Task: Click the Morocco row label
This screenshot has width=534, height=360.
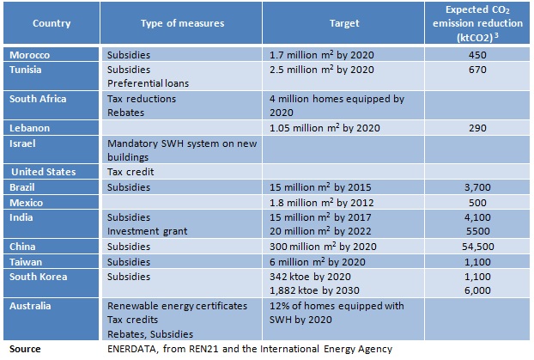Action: pyautogui.click(x=30, y=54)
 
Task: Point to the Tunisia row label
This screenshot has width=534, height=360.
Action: pyautogui.click(x=27, y=68)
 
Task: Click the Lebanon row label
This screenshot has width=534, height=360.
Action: pyautogui.click(x=30, y=127)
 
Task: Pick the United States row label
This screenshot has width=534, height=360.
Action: pyautogui.click(x=44, y=172)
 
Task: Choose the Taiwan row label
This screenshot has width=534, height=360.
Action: pyautogui.click(x=27, y=261)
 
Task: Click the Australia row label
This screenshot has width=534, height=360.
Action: pyautogui.click(x=33, y=305)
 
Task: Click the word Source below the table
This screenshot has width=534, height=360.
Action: pyautogui.click(x=24, y=349)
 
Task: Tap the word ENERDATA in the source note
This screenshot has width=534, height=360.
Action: pyautogui.click(x=132, y=349)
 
